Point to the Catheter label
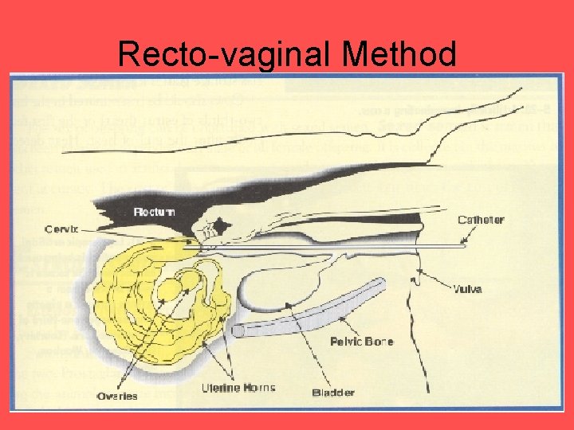pyautogui.click(x=482, y=220)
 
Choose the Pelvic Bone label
pyautogui.click(x=360, y=342)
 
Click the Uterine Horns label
pyautogui.click(x=238, y=389)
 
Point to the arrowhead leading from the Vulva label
pyautogui.click(x=418, y=272)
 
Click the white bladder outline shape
pyautogui.click(x=279, y=283)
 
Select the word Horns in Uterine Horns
pyautogui.click(x=257, y=389)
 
